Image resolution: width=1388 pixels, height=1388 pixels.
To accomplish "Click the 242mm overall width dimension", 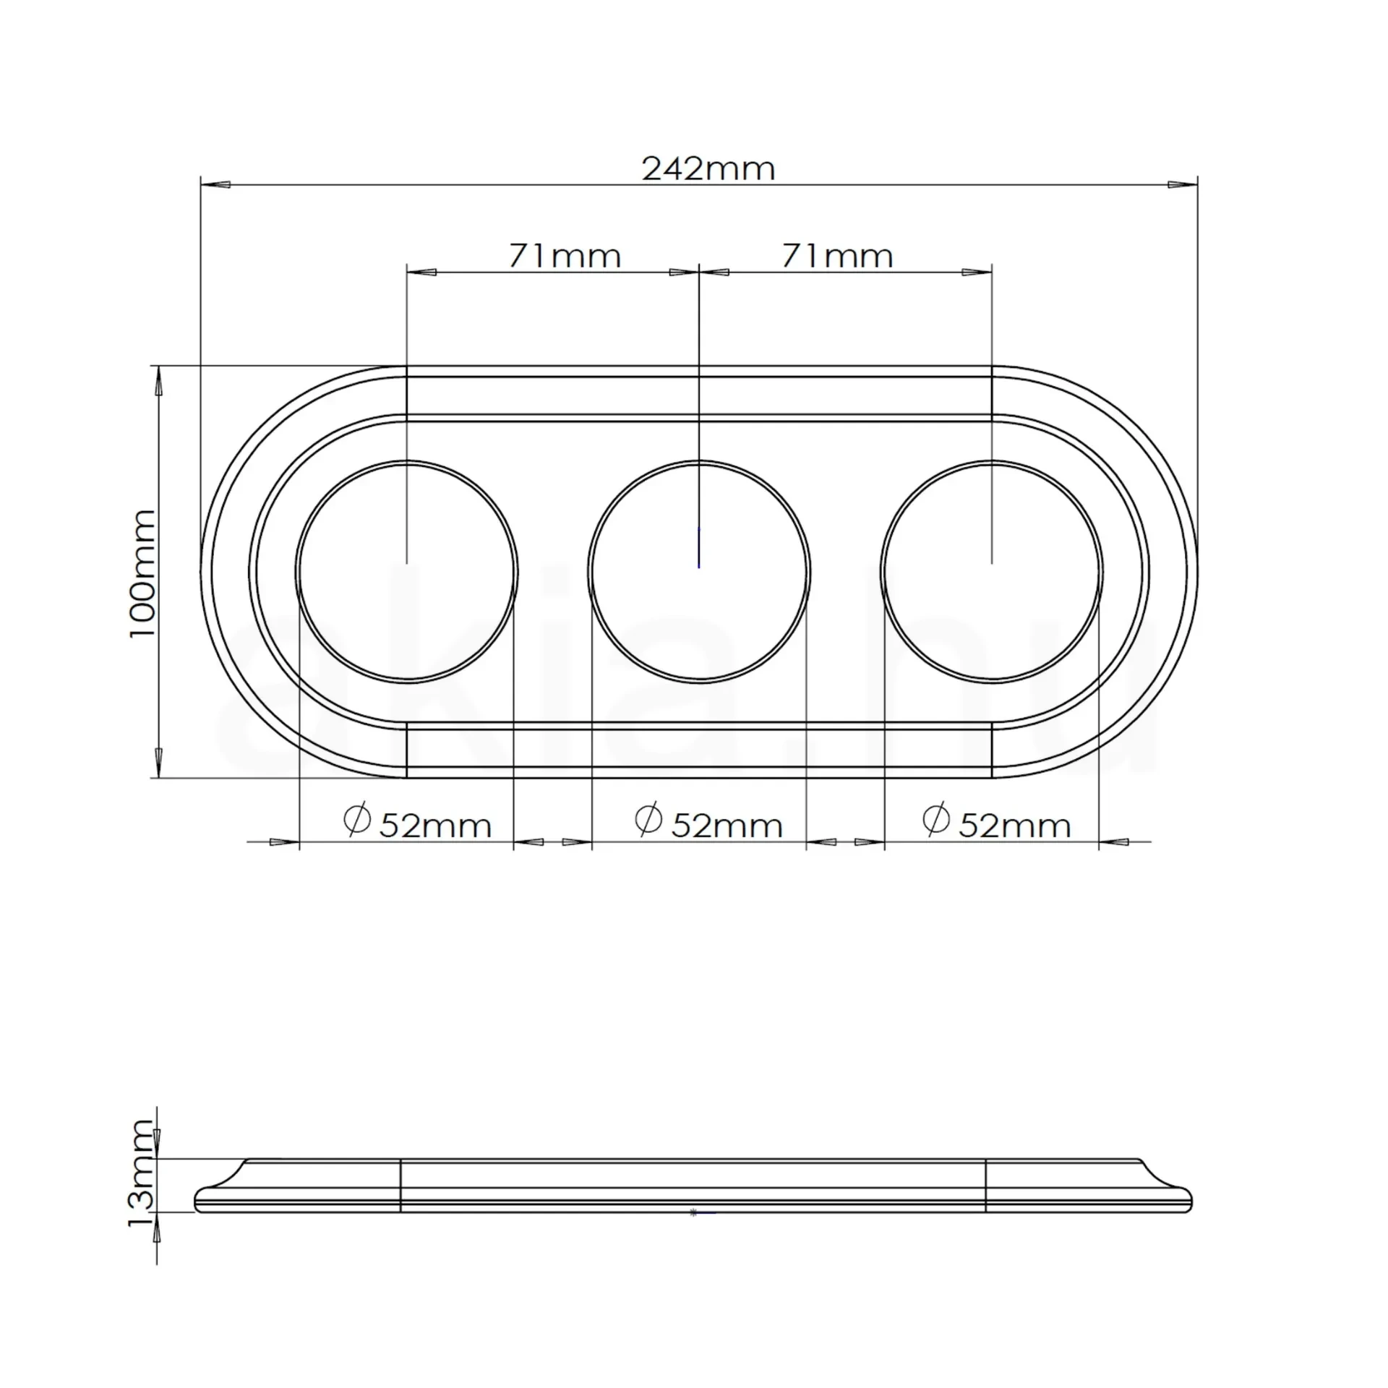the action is click(708, 169).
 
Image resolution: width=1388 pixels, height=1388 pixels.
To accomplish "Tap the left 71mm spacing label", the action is click(565, 257).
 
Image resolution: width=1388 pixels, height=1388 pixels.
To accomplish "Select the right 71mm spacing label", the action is click(837, 257).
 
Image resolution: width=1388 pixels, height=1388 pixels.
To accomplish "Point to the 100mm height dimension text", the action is click(142, 573).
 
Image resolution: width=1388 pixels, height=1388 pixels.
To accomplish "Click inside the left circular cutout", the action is click(407, 571).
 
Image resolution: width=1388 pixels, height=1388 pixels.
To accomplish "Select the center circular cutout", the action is click(699, 571).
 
